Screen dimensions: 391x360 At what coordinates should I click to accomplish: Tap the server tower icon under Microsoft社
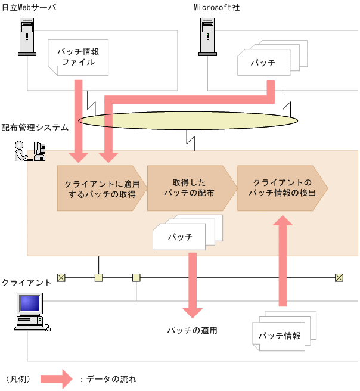click(207, 36)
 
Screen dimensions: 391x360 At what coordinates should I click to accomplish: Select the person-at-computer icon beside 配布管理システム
click(30, 151)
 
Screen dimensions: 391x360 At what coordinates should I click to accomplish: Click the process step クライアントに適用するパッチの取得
click(100, 189)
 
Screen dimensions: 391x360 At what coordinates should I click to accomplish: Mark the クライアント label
click(26, 282)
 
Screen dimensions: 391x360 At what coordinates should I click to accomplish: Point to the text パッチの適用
click(191, 330)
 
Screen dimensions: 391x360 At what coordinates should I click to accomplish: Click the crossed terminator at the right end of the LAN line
click(339, 277)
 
